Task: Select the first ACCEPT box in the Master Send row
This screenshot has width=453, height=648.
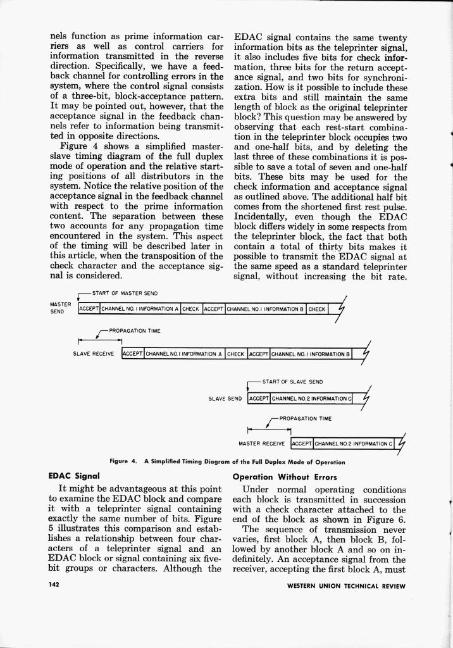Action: [x=89, y=309]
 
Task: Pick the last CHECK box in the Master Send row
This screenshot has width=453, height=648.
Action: [x=318, y=309]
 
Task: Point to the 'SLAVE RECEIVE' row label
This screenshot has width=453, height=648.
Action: [x=94, y=354]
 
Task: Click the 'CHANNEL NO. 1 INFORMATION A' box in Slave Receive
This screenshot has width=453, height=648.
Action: [x=184, y=354]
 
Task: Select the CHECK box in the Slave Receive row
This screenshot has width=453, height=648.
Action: [x=236, y=354]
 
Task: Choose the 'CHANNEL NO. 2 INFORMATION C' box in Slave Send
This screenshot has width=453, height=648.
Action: [x=311, y=399]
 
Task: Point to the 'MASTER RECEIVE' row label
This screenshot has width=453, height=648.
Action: [x=263, y=443]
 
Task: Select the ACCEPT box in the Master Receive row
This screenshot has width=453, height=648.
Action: [x=302, y=443]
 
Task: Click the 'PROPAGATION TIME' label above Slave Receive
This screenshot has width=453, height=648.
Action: [x=135, y=331]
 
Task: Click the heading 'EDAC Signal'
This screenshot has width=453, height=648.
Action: [x=75, y=475]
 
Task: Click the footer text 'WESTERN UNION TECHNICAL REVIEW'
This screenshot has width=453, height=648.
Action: [x=345, y=586]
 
